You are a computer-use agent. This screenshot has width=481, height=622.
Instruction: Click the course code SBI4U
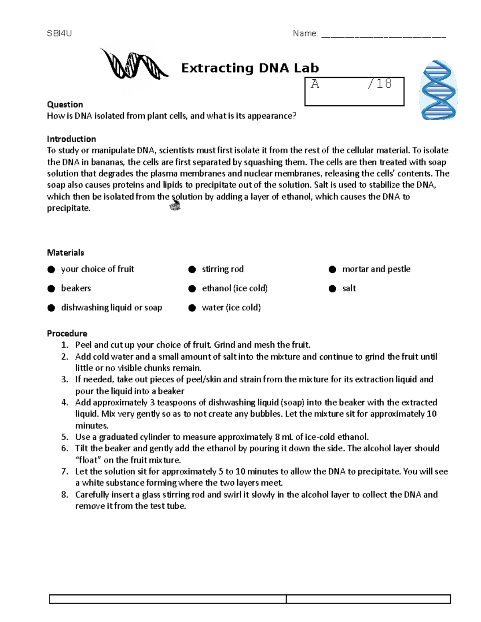(59, 33)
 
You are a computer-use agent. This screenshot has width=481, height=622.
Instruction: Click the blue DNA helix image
(438, 90)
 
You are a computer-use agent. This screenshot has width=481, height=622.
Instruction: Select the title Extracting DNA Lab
(250, 68)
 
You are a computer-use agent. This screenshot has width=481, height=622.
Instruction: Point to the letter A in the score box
(315, 84)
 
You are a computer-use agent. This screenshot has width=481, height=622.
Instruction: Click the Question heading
(65, 105)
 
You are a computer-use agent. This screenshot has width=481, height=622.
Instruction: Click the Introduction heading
(71, 139)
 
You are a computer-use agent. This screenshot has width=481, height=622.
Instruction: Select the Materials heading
(65, 252)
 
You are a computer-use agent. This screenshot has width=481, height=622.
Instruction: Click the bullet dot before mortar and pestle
(332, 270)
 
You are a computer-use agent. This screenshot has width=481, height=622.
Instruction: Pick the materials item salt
(349, 288)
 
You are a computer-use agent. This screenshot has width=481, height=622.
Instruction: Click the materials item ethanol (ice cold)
(234, 288)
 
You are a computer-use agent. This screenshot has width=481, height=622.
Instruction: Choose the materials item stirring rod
(222, 269)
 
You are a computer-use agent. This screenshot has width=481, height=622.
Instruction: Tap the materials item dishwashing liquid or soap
(111, 308)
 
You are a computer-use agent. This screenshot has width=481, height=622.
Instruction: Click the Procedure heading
(67, 333)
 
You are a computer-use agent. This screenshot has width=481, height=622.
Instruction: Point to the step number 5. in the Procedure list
(65, 437)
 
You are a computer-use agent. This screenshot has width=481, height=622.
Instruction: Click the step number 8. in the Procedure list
(65, 495)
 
